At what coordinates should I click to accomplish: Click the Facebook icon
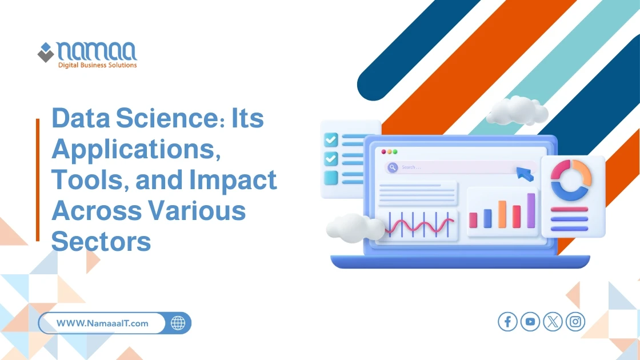[x=507, y=322]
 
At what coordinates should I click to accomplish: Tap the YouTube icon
[x=530, y=322]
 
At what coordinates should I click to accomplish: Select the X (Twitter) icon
[x=553, y=322]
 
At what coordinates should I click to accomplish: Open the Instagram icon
[x=575, y=322]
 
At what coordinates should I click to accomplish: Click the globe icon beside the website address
[x=178, y=323]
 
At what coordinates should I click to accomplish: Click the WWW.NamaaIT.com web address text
[x=102, y=323]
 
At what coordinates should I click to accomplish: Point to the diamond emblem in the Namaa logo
[x=46, y=53]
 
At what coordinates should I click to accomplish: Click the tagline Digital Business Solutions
[x=97, y=65]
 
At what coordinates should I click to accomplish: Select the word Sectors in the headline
[x=101, y=241]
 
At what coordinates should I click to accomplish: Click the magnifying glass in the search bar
[x=393, y=167]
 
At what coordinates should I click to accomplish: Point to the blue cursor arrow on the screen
[x=525, y=174]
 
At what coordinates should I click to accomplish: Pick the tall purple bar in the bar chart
[x=531, y=210]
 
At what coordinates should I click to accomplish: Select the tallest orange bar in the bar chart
[x=502, y=214]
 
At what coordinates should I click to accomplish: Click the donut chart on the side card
[x=571, y=179]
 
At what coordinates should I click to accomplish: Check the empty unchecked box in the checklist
[x=331, y=178]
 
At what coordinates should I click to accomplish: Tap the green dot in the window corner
[x=395, y=152]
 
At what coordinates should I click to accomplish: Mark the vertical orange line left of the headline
[x=38, y=179]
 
